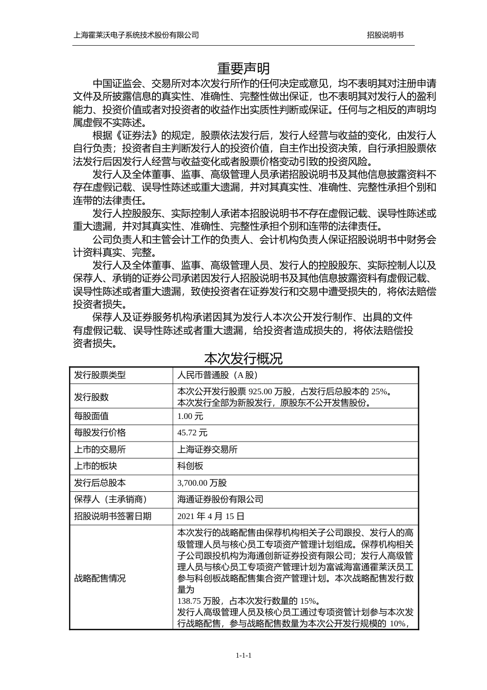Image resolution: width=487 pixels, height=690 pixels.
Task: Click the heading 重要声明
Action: [243, 69]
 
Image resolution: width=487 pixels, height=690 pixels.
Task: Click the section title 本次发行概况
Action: [243, 358]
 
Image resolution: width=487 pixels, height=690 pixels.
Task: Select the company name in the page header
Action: [136, 35]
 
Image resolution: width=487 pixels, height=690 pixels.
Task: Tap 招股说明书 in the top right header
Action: [385, 35]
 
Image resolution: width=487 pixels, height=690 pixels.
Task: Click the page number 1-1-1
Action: [243, 656]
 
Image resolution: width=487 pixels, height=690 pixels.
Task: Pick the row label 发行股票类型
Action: [100, 375]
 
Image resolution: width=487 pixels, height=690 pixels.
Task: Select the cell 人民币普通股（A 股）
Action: [217, 375]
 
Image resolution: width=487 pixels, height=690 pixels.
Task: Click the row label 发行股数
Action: [91, 397]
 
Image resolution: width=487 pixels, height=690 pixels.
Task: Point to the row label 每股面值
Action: [91, 416]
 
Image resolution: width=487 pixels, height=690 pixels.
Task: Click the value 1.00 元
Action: [190, 416]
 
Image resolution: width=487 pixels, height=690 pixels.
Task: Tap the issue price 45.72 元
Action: [192, 433]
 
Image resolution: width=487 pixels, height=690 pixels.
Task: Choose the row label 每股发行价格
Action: [100, 433]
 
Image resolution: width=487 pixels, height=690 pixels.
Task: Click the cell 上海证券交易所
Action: [207, 449]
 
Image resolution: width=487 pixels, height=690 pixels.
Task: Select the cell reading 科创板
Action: [190, 466]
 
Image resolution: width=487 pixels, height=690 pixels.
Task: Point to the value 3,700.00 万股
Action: [202, 483]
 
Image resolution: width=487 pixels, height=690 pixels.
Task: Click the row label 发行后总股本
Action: [100, 483]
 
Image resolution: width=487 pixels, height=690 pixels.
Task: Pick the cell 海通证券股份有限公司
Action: [220, 499]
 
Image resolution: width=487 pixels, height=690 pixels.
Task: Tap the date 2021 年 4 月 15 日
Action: [211, 516]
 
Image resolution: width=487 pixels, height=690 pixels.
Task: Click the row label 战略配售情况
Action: [100, 579]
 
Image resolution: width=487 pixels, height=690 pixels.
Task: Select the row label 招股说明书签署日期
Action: [113, 516]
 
